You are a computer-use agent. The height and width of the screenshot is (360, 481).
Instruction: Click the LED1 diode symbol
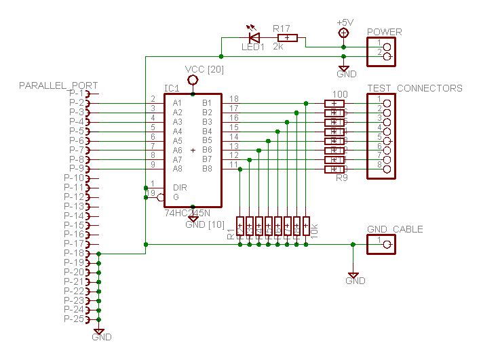255,37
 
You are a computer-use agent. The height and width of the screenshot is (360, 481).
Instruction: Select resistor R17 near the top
288,37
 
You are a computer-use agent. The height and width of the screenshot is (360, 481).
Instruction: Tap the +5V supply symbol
344,33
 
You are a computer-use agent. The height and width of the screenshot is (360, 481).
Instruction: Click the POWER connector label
384,32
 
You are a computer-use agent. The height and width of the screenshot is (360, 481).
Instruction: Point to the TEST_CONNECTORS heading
415,88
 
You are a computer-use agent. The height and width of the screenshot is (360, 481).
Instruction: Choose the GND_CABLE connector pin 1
387,244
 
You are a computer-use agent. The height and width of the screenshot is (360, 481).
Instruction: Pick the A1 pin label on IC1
177,103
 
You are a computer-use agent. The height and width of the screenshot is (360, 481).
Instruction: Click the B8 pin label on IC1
208,168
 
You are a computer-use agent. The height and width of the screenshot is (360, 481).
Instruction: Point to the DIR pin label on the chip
180,188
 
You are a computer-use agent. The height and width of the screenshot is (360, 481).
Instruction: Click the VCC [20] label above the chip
204,71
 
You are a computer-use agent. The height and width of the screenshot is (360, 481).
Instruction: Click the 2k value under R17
278,47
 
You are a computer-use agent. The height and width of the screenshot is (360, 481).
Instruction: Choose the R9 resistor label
342,178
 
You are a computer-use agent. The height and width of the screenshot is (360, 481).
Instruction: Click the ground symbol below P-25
100,332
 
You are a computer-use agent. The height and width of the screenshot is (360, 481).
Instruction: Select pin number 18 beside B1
234,99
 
